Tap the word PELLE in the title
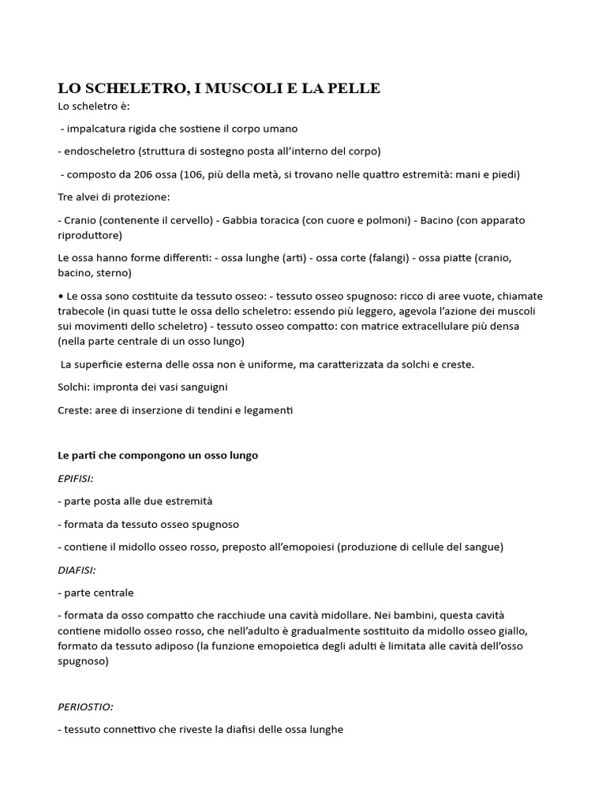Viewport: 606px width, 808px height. pyautogui.click(x=353, y=88)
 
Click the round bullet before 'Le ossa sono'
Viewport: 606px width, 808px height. pyautogui.click(x=61, y=296)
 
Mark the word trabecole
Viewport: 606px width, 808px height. pyautogui.click(x=84, y=311)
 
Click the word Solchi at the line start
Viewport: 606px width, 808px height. pyautogui.click(x=74, y=387)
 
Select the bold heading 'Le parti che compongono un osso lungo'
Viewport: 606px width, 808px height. pyautogui.click(x=158, y=455)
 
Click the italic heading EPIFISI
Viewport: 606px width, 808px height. pyautogui.click(x=76, y=478)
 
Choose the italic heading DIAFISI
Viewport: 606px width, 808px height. pyautogui.click(x=76, y=570)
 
